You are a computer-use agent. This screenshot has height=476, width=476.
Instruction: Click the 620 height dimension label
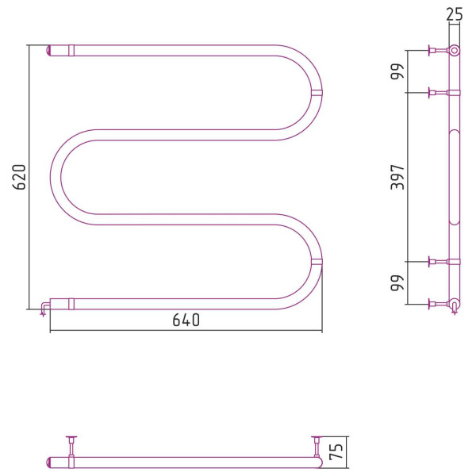20,177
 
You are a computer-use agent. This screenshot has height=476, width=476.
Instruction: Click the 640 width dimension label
186,320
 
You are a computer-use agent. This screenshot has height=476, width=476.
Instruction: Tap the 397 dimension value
397,177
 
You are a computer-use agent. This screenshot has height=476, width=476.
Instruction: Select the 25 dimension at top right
455,14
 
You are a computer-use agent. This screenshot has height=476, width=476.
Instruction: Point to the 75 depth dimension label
336,451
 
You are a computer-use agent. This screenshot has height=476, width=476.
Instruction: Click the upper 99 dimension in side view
397,71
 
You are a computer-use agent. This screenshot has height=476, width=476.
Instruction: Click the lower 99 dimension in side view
397,283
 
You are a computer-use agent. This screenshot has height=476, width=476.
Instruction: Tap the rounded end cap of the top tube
48,51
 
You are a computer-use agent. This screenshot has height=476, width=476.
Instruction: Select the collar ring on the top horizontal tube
71,51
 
